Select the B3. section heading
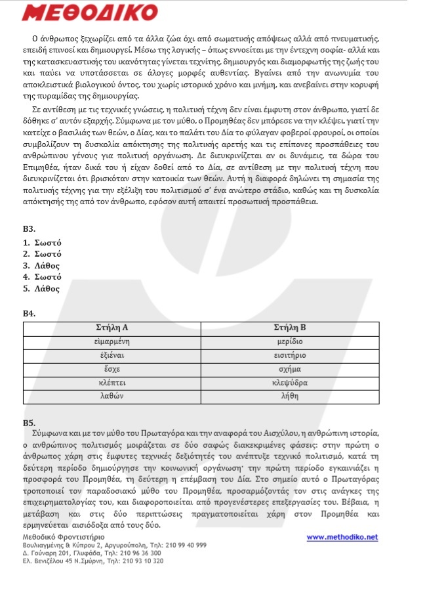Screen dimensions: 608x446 click(29, 228)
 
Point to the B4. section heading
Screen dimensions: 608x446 click(29, 313)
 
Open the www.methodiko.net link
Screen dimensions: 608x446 click(342, 537)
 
